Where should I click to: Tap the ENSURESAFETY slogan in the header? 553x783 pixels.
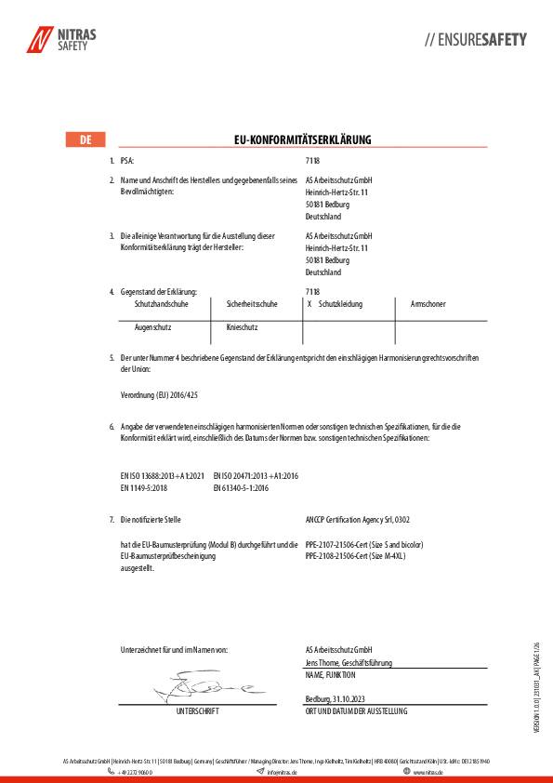point(475,40)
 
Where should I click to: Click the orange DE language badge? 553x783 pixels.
point(85,140)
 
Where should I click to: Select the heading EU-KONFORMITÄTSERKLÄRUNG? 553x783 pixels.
point(302,140)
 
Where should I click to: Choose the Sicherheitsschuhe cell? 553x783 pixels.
point(252,304)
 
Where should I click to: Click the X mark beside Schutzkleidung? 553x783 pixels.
point(309,304)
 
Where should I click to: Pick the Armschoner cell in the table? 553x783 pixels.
point(428,304)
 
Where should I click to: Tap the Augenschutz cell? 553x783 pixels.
point(153,327)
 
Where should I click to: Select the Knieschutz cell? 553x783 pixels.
point(242,327)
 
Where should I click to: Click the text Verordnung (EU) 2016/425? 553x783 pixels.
point(160,395)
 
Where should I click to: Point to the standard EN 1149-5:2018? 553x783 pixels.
point(143,486)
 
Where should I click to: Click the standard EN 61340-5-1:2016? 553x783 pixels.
point(241,486)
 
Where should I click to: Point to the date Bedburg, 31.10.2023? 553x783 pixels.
point(338,699)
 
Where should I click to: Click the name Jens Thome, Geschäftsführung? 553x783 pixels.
point(349,663)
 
